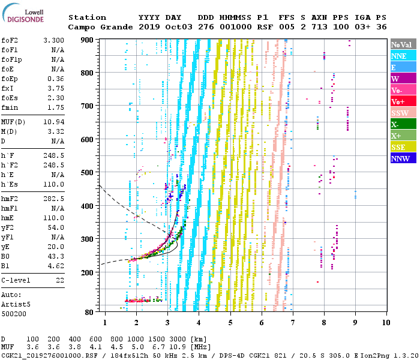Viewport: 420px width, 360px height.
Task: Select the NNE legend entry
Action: coord(403,56)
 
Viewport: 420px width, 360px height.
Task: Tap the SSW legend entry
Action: coord(403,113)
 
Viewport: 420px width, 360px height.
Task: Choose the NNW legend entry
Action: coord(403,158)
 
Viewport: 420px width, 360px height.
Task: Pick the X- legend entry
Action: coord(403,124)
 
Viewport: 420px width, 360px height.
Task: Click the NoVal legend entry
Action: coord(403,44)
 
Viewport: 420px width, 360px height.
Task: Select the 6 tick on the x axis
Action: coord(261,323)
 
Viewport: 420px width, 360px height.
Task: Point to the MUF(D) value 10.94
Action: coord(53,122)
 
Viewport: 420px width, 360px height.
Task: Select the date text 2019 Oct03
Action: coord(160,27)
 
